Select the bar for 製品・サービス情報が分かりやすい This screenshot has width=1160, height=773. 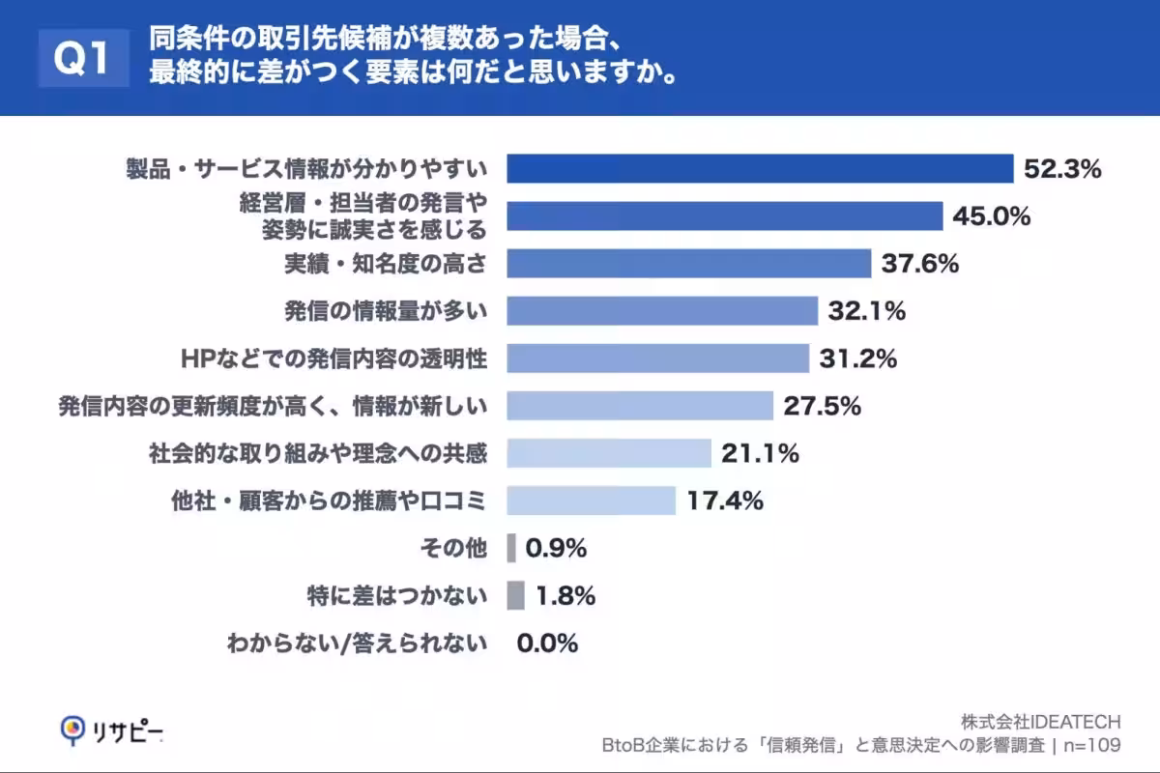click(x=760, y=168)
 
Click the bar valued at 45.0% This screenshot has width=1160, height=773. click(x=725, y=216)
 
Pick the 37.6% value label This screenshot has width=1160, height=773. click(x=919, y=263)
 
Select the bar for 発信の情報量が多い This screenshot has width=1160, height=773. click(x=663, y=310)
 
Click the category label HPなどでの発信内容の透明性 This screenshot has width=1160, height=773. click(x=333, y=358)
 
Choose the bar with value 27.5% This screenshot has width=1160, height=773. click(x=640, y=406)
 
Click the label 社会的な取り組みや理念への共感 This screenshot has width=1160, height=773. click(x=318, y=453)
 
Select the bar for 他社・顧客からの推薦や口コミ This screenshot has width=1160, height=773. click(x=591, y=501)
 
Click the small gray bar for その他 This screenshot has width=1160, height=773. click(x=511, y=548)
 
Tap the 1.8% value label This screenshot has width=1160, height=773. click(x=565, y=596)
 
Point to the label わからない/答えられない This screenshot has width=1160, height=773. click(x=357, y=643)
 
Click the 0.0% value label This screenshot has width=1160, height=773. click(x=547, y=643)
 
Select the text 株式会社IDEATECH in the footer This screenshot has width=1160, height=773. click(x=1040, y=722)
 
